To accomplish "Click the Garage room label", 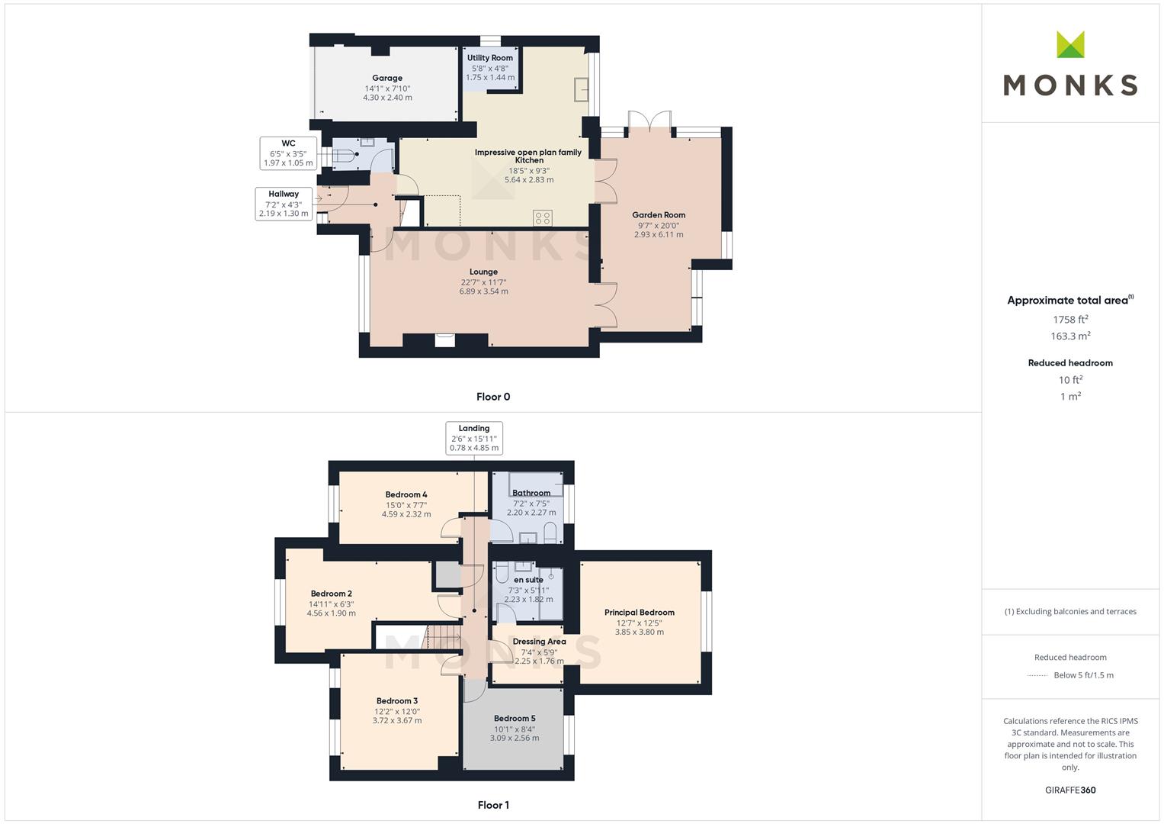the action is pyautogui.click(x=387, y=78).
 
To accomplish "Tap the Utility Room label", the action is pyautogui.click(x=489, y=58).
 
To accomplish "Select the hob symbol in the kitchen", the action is pyautogui.click(x=543, y=218).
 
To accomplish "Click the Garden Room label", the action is pyautogui.click(x=659, y=215).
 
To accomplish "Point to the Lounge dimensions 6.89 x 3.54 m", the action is pyautogui.click(x=483, y=291).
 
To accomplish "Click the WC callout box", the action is pyautogui.click(x=288, y=153).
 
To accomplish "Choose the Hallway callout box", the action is pyautogui.click(x=284, y=204).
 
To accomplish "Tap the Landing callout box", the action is pyautogui.click(x=474, y=438).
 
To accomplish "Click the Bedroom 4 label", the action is pyautogui.click(x=406, y=494).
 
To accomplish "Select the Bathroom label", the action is pyautogui.click(x=531, y=493).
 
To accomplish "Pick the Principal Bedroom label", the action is pyautogui.click(x=639, y=612).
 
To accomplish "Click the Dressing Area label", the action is pyautogui.click(x=539, y=642).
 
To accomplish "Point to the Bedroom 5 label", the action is pyautogui.click(x=515, y=719).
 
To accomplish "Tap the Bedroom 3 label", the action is pyautogui.click(x=397, y=700).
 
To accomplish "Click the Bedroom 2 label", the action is pyautogui.click(x=331, y=594).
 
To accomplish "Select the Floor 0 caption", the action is pyautogui.click(x=493, y=397).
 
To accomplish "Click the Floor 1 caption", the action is pyautogui.click(x=493, y=805).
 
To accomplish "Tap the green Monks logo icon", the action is pyautogui.click(x=1070, y=44).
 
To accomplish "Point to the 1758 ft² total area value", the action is pyautogui.click(x=1070, y=320).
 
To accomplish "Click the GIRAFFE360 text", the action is pyautogui.click(x=1070, y=790).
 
